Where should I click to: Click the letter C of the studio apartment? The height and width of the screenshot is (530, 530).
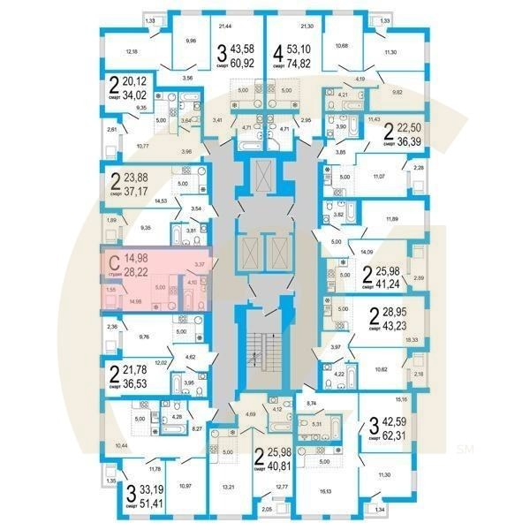click(113, 262)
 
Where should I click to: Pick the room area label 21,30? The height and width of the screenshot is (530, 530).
click(307, 29)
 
